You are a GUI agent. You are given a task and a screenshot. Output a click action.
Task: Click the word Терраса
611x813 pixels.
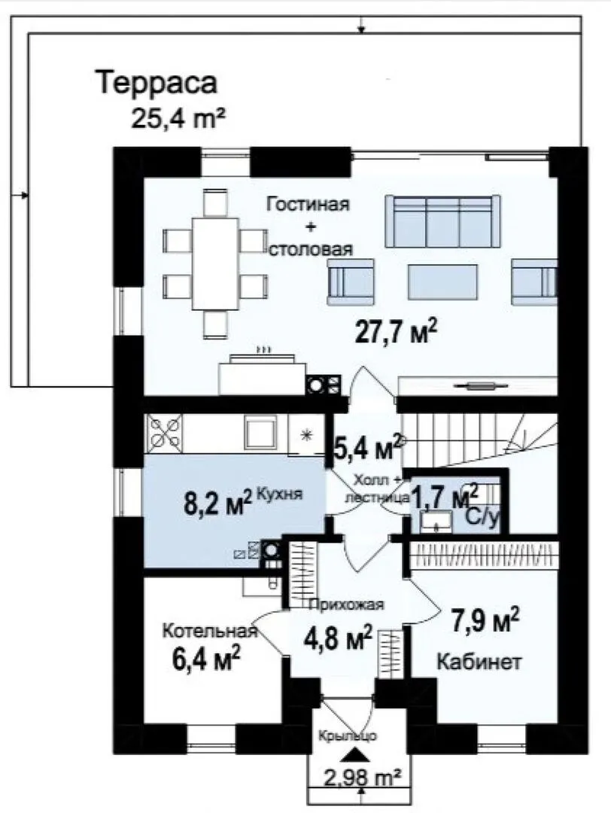(157, 83)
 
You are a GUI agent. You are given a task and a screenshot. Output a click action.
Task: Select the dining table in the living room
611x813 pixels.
(215, 264)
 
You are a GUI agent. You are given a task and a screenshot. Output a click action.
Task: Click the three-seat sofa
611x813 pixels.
(442, 221)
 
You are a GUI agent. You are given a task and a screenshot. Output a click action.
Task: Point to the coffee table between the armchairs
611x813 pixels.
(442, 282)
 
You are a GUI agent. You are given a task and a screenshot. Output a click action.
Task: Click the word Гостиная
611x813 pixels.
(308, 204)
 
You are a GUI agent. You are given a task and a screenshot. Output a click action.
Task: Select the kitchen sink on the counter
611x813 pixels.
(260, 432)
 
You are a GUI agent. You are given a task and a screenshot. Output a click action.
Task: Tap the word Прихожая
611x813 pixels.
(347, 604)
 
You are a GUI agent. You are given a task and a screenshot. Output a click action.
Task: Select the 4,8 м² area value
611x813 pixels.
(338, 637)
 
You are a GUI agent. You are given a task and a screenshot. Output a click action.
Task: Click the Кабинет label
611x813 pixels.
(479, 662)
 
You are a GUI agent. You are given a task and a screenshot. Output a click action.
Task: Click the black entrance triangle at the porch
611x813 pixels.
(354, 754)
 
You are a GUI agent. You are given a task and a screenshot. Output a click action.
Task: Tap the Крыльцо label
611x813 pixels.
(348, 735)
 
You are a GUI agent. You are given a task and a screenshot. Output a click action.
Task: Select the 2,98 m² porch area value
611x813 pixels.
(362, 776)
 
